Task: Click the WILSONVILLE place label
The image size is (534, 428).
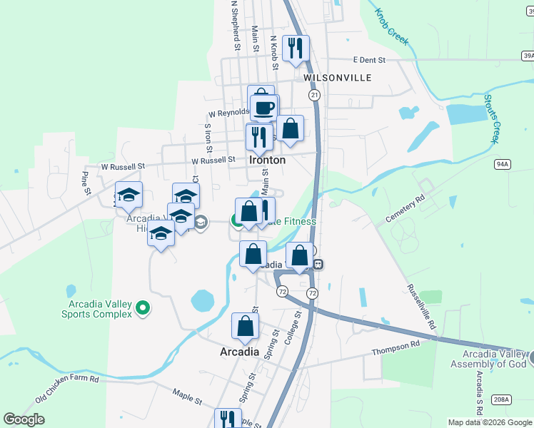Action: (337, 77)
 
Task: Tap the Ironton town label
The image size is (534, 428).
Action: (268, 160)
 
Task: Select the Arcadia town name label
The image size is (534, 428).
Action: (239, 352)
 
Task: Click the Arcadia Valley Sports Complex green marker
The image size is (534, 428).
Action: (143, 308)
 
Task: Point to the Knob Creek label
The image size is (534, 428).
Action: (392, 26)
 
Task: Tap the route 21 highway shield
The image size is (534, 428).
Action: (313, 95)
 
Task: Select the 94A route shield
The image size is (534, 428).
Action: (503, 165)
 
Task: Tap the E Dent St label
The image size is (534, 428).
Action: (369, 61)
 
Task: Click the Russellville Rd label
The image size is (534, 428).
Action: (422, 306)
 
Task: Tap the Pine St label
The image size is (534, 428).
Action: (86, 182)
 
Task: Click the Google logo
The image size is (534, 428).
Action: (24, 419)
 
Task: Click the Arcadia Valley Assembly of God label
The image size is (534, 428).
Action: (489, 360)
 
